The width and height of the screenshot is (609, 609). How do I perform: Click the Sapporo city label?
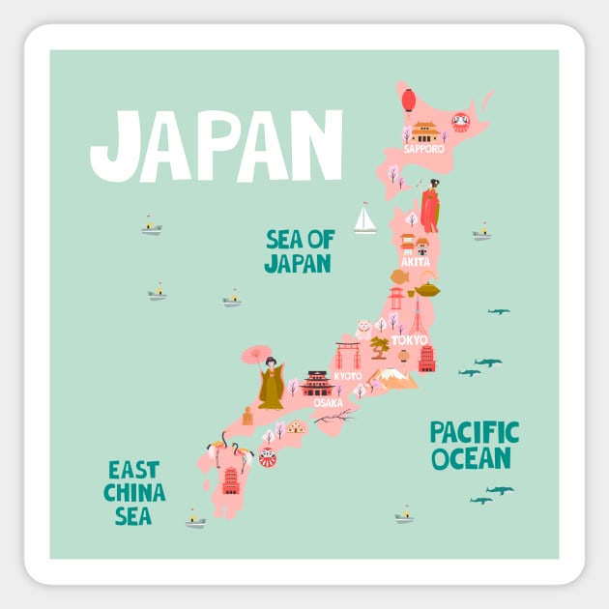pos(424,149)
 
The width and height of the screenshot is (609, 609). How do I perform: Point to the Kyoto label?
pos(348,375)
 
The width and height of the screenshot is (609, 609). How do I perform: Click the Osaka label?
pos(328,402)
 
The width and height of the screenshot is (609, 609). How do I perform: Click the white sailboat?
pos(364,219)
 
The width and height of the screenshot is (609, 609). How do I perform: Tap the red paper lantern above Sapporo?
pos(409,99)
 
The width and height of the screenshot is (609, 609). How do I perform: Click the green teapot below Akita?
pos(427,287)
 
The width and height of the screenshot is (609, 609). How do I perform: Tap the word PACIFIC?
pos(475,432)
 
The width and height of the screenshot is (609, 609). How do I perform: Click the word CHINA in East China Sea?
pos(134,493)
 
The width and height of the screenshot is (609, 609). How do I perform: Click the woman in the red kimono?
pos(430,207)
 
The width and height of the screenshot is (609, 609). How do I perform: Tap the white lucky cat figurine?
pos(364,329)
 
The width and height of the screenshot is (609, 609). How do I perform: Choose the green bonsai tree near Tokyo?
pos(380,345)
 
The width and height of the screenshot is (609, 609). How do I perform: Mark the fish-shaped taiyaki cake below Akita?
pos(399,276)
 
